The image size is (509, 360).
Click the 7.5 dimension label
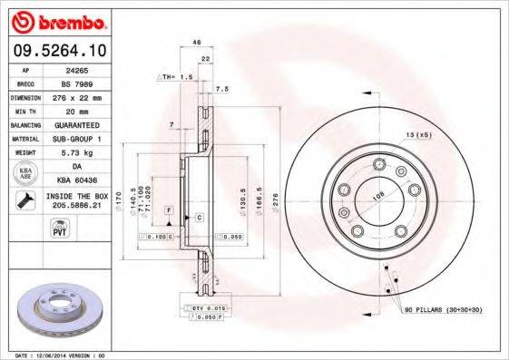[x=222, y=89]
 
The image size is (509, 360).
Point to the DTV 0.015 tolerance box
[x=207, y=310]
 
